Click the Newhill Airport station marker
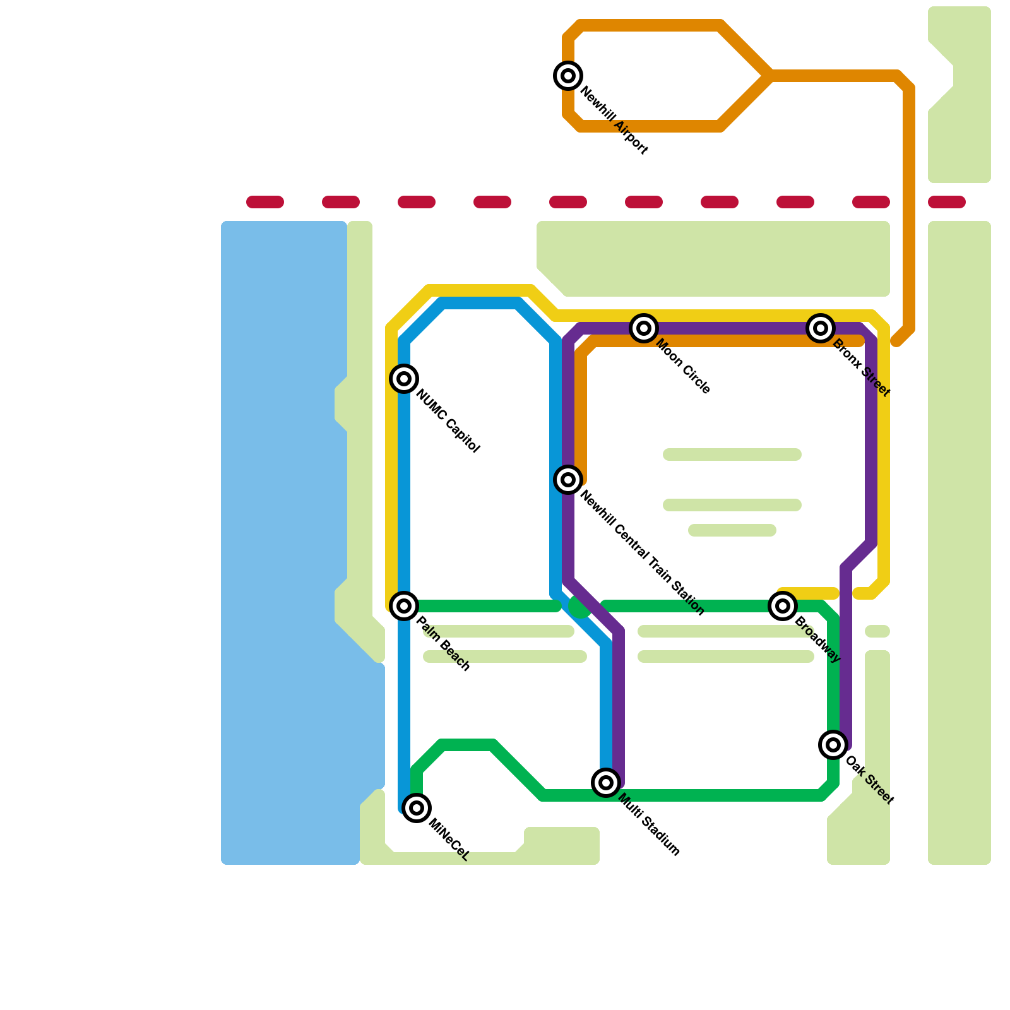(x=568, y=76)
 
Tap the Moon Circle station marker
(x=644, y=328)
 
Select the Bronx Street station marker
(x=821, y=328)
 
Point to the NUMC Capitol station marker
(x=404, y=379)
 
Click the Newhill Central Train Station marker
(x=568, y=480)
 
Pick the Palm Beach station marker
(x=404, y=606)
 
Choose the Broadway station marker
(x=783, y=606)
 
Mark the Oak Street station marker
(x=833, y=745)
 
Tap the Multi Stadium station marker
(x=606, y=783)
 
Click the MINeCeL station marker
(x=417, y=808)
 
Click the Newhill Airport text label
(x=614, y=121)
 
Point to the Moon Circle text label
(x=684, y=367)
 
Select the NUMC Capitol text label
(x=448, y=422)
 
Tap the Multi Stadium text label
(x=649, y=825)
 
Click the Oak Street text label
(x=869, y=780)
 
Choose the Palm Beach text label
(x=443, y=644)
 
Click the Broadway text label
(x=817, y=639)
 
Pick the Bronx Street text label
(x=861, y=368)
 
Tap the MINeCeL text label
(x=449, y=840)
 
